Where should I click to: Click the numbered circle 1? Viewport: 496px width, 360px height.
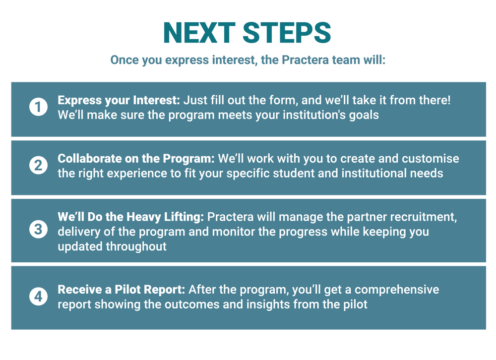(x=38, y=107)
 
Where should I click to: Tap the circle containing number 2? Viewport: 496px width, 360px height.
(x=38, y=165)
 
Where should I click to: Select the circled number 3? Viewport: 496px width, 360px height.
(x=38, y=229)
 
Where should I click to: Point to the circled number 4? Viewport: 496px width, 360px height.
(x=38, y=297)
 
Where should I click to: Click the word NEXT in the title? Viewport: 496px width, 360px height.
(x=199, y=33)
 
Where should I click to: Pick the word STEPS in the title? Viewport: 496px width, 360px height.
(x=287, y=33)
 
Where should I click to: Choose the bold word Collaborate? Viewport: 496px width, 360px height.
(x=89, y=159)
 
